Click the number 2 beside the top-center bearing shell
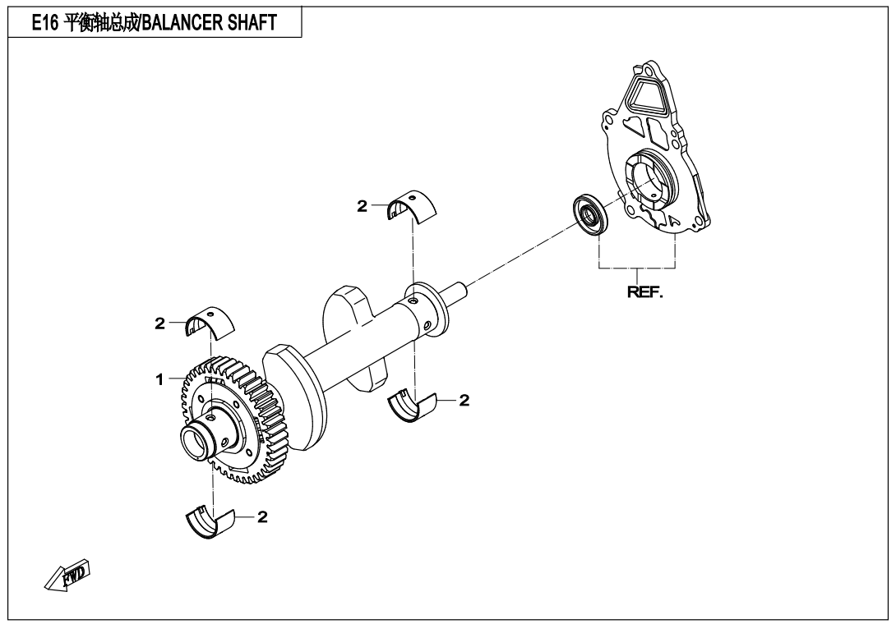(x=362, y=207)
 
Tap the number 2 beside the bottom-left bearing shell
(x=262, y=517)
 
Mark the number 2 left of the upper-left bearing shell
(x=160, y=323)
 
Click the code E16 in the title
(x=45, y=24)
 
